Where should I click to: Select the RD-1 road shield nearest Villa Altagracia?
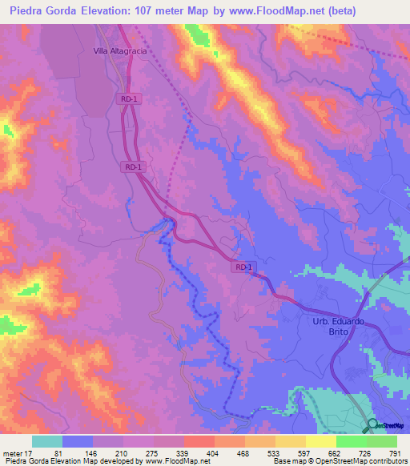pos(128,98)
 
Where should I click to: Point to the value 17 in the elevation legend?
pos(30,454)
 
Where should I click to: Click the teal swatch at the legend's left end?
pos(47,441)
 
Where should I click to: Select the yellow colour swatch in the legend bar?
pos(320,441)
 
